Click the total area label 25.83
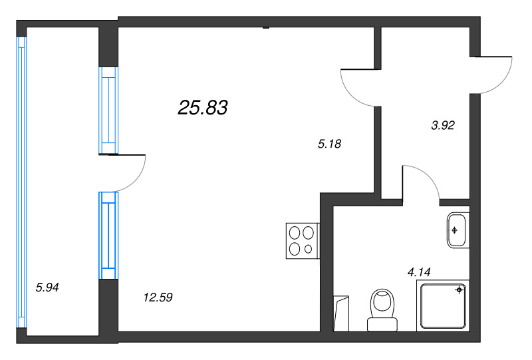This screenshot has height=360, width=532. (203, 107)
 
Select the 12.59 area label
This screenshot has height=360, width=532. (158, 297)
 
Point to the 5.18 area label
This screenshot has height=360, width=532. (330, 143)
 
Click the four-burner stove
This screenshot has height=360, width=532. (302, 241)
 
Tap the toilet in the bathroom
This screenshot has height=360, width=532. (382, 309)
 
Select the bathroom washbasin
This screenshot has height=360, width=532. (458, 230)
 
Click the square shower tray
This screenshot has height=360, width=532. (443, 305)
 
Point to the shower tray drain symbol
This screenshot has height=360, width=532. (459, 290)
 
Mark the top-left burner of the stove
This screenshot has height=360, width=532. (295, 234)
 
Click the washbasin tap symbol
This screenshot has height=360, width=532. (454, 230)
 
